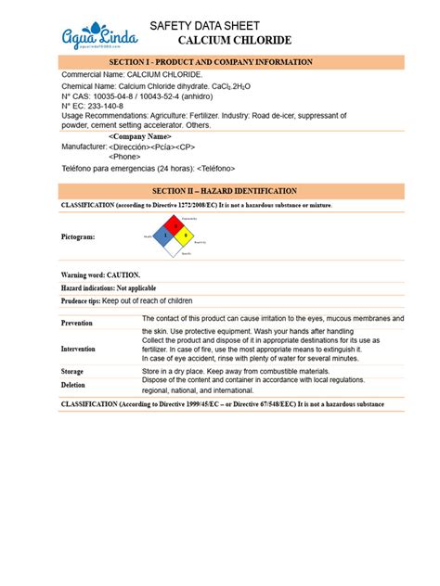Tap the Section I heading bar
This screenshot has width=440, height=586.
(x=219, y=62)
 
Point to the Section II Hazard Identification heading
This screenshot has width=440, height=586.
(x=219, y=190)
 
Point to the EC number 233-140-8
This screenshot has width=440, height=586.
(x=112, y=106)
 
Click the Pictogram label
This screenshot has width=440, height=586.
(x=79, y=237)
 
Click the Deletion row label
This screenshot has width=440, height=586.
(x=73, y=385)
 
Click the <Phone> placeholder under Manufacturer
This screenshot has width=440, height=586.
(x=126, y=157)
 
